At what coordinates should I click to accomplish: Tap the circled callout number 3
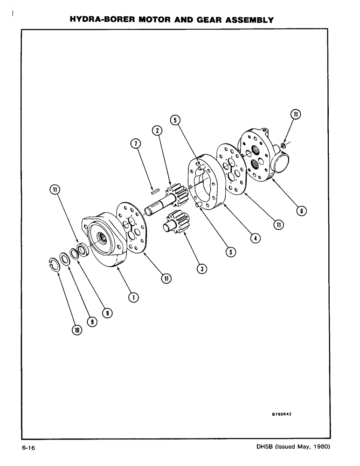tap(201, 268)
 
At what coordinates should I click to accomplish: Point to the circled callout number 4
tap(255, 238)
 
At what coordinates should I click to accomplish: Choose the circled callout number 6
tap(301, 211)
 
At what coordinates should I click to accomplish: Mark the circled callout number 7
tap(135, 144)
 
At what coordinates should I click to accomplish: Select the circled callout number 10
tap(76, 330)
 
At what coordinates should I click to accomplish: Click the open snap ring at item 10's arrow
tap(55, 264)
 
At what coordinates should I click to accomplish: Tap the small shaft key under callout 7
tap(155, 189)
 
